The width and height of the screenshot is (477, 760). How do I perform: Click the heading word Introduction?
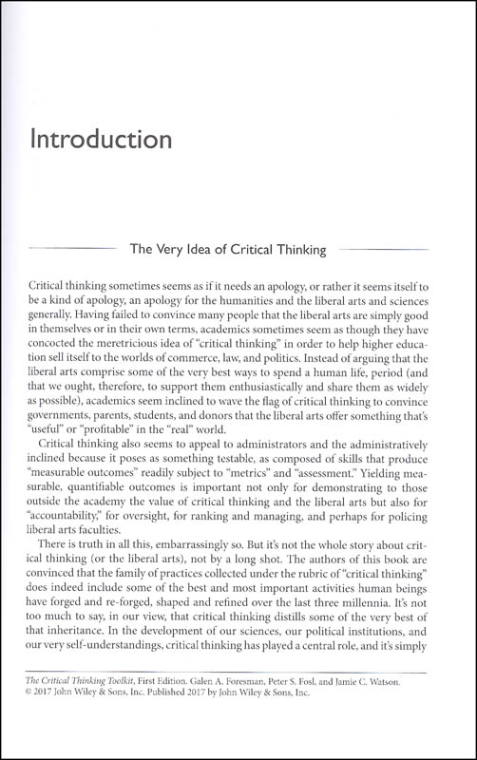[x=101, y=141]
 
